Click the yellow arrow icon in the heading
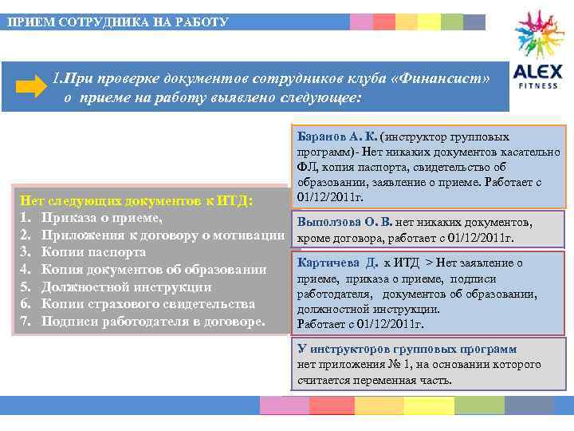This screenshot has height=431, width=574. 32,88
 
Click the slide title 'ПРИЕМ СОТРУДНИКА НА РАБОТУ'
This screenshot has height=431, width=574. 118,22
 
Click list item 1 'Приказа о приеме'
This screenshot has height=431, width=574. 102,217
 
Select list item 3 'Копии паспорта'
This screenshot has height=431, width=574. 93,251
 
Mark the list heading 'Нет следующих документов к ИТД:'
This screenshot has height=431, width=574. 136,200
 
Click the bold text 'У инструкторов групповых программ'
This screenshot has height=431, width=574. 407,349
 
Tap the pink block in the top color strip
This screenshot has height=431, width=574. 361,22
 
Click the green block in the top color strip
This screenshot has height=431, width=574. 451,22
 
